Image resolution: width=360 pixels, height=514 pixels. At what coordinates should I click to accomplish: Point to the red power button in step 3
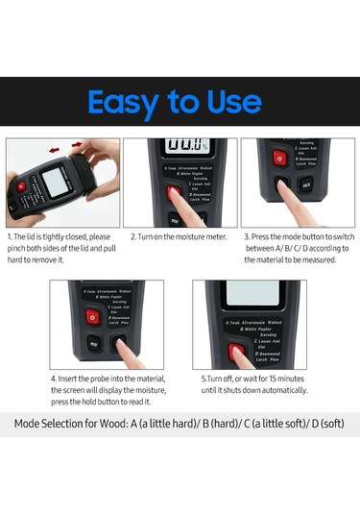279,158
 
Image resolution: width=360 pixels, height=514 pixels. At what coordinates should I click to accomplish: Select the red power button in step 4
93,316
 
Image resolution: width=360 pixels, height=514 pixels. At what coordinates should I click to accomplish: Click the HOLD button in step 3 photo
306,184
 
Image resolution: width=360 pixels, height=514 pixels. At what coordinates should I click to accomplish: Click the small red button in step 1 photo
20,185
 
